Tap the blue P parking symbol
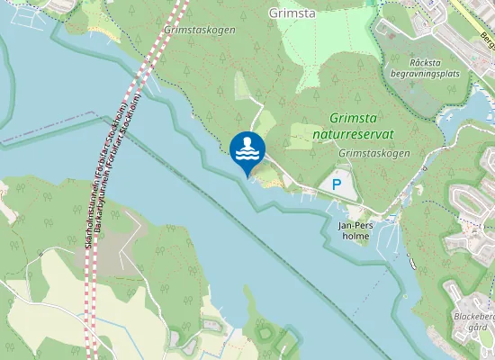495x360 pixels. [x=337, y=184]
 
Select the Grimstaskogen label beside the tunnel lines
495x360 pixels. [x=200, y=30]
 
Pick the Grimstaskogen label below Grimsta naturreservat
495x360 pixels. [x=374, y=154]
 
